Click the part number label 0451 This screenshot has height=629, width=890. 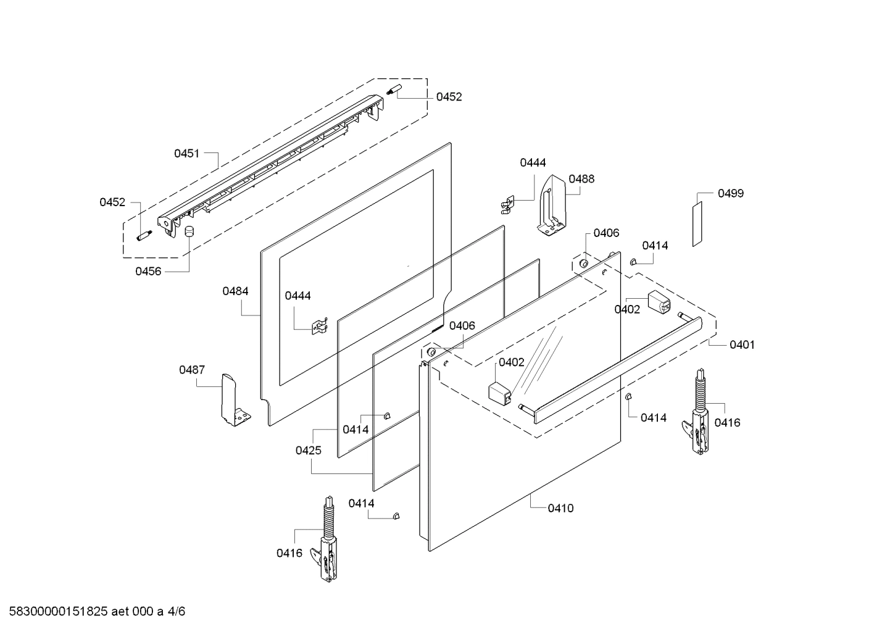(x=186, y=153)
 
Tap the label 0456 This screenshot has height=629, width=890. (x=148, y=271)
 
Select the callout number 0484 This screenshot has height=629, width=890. (x=236, y=291)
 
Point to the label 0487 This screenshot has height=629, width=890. (x=192, y=370)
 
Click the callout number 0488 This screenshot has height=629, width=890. (x=581, y=179)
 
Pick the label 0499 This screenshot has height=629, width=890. (x=731, y=193)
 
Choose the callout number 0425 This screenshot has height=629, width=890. (x=308, y=451)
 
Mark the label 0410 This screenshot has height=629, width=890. (x=560, y=508)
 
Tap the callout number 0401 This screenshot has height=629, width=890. (x=742, y=345)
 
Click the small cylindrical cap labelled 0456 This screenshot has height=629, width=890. (x=189, y=231)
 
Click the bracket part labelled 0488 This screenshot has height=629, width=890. (x=551, y=206)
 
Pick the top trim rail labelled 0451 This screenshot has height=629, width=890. (x=272, y=164)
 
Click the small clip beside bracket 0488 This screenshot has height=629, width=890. (x=507, y=204)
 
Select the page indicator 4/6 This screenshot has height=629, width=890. (x=177, y=612)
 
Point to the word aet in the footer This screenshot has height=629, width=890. (x=122, y=612)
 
